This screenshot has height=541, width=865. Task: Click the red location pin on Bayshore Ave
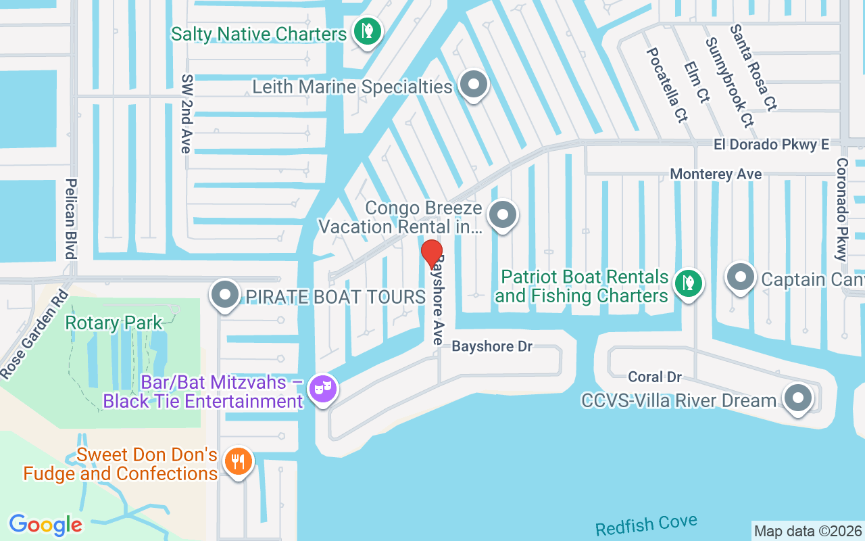pos(432,254)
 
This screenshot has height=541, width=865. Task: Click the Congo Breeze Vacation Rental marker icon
pos(502,215)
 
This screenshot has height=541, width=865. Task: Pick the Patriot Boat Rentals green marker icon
pos(687,282)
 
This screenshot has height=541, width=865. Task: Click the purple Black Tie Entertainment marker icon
pos(322,389)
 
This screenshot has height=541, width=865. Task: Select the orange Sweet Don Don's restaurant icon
pos(237,462)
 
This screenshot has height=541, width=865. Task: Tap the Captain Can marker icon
pos(741,277)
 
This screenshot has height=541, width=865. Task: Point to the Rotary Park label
pos(114,323)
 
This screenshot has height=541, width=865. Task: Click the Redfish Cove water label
pos(646,525)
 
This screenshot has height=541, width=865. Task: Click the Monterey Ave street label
pos(716,174)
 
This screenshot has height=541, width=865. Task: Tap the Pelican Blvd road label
pos(70,218)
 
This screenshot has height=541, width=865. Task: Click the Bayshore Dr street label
pos(492,346)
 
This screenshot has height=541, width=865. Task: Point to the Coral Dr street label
pos(654,377)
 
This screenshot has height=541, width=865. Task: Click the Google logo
pos(45,524)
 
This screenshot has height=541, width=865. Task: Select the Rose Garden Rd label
pos(34,334)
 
